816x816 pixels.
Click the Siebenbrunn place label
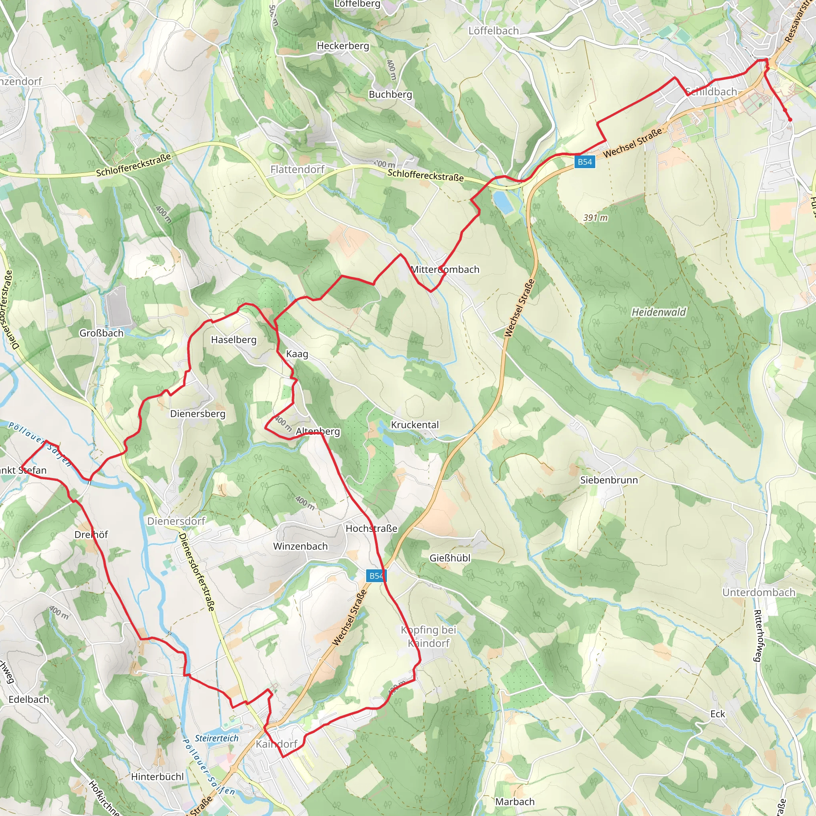pyautogui.click(x=609, y=480)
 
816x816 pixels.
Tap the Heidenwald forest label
pyautogui.click(x=659, y=312)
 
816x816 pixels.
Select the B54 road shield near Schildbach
pyautogui.click(x=585, y=162)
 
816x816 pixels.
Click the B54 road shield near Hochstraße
pyautogui.click(x=376, y=576)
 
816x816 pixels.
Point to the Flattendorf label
pyautogui.click(x=297, y=169)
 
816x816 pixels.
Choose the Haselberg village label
pyautogui.click(x=233, y=339)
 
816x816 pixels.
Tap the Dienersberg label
pyautogui.click(x=198, y=414)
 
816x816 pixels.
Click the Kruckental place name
pyautogui.click(x=415, y=424)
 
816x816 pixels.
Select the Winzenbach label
pyautogui.click(x=300, y=546)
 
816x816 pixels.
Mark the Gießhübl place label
pyautogui.click(x=450, y=558)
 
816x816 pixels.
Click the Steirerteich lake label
pyautogui.click(x=217, y=738)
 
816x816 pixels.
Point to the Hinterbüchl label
pyautogui.click(x=157, y=777)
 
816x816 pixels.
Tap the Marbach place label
pyautogui.click(x=515, y=802)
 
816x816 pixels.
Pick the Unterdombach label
pyautogui.click(x=759, y=592)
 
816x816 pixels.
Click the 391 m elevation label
pyautogui.click(x=595, y=218)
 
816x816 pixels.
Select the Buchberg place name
pyautogui.click(x=390, y=94)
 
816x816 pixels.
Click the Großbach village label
pyautogui.click(x=101, y=333)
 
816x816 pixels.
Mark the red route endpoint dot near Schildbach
pyautogui.click(x=790, y=120)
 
